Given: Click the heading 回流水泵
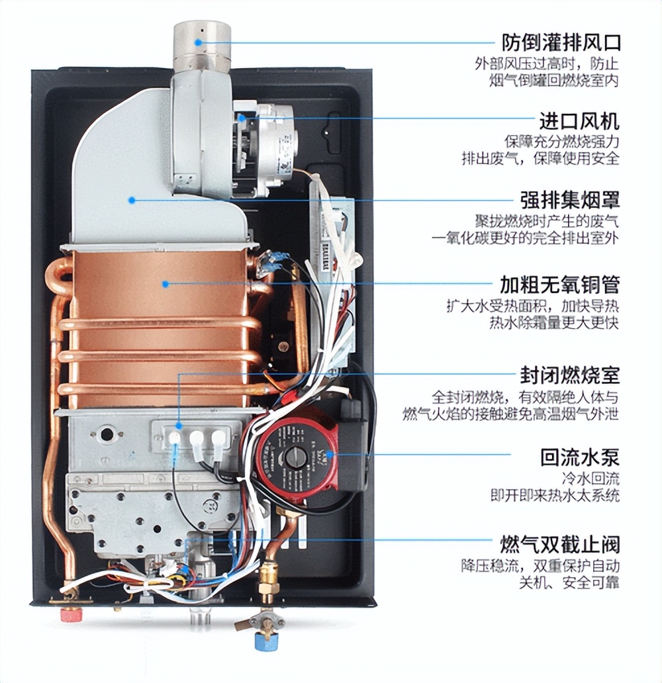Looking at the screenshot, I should coord(579,457).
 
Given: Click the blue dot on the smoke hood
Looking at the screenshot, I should coord(132,199).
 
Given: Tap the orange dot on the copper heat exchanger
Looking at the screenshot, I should coord(165,284).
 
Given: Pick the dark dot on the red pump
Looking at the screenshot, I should coord(346,453).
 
